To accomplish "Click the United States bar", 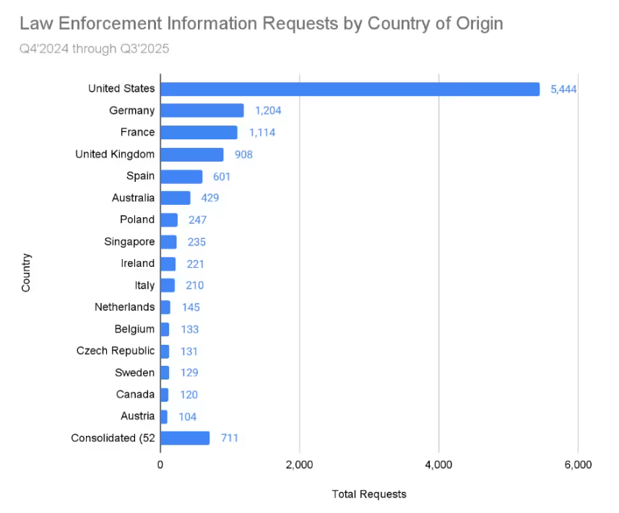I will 350,89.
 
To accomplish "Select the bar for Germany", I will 202,110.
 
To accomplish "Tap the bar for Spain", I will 181,176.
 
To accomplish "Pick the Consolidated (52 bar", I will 185,438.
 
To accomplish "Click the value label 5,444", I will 563,89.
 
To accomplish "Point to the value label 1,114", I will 262,133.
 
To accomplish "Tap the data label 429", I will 210,198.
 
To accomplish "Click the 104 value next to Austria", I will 187,416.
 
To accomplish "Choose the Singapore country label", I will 129,242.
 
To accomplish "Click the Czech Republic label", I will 116,351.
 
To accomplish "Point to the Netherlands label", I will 124,307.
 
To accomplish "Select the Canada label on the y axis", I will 135,394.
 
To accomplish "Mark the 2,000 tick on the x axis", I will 299,465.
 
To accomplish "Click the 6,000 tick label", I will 577,465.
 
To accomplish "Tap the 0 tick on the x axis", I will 160,465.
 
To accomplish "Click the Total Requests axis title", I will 369,494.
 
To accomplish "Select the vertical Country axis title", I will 27,272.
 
